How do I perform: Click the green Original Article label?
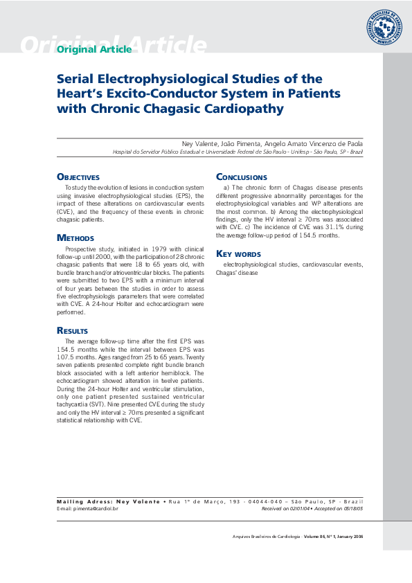click(93, 49)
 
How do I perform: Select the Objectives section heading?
click(78, 177)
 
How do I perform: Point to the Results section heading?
click(72, 331)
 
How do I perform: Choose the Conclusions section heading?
click(241, 177)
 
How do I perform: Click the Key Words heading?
click(238, 253)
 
